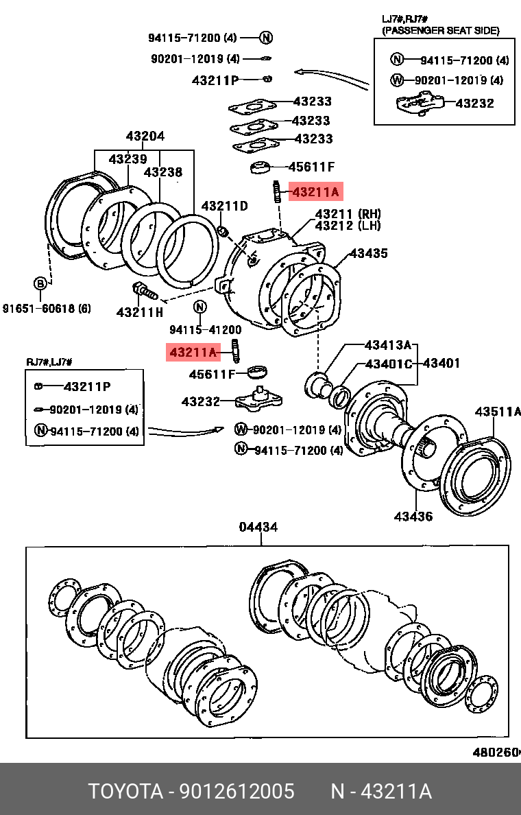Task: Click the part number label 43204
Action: point(145,137)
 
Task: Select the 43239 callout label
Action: point(128,159)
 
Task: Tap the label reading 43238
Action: point(163,172)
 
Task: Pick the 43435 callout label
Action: point(369,253)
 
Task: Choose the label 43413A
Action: point(388,344)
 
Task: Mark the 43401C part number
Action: point(389,363)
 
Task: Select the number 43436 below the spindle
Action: point(413,516)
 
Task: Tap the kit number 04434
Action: point(258,527)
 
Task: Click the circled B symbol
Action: point(40,283)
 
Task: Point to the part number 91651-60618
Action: point(47,307)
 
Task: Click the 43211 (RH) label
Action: point(348,214)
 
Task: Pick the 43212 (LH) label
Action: point(348,226)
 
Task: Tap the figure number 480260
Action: point(496,753)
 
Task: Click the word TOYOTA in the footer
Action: point(124,792)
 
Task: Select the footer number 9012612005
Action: point(237,792)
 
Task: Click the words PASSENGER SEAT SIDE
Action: point(441,30)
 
